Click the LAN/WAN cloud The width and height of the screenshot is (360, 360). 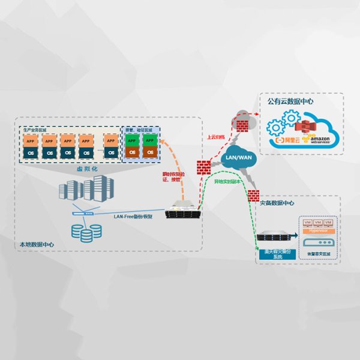pyautogui.click(x=238, y=158)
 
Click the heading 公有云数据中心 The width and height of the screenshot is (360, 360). pyautogui.click(x=290, y=101)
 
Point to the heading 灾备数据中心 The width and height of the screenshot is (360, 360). pyautogui.click(x=278, y=203)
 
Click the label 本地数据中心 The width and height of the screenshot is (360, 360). pyautogui.click(x=36, y=244)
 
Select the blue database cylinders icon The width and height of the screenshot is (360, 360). pyautogui.click(x=85, y=231)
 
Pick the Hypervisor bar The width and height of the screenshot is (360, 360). pyautogui.click(x=316, y=229)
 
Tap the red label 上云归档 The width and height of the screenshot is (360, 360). pyautogui.click(x=217, y=137)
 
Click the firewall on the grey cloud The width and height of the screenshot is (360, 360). pyautogui.click(x=242, y=126)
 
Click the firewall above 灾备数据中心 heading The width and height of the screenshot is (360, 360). pyautogui.click(x=253, y=194)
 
